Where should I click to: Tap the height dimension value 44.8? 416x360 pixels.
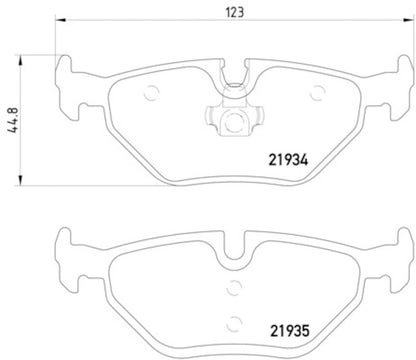(13, 102)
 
